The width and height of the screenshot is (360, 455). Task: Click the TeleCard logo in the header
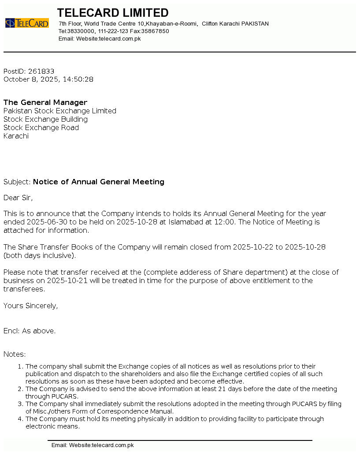pyautogui.click(x=27, y=23)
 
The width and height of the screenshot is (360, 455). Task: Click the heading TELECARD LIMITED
pyautogui.click(x=113, y=13)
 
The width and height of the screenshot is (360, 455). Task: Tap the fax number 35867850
pyautogui.click(x=155, y=31)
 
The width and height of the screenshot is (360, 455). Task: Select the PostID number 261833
pyautogui.click(x=41, y=71)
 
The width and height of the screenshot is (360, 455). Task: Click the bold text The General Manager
pyautogui.click(x=45, y=102)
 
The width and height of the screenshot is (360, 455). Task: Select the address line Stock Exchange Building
pyautogui.click(x=45, y=119)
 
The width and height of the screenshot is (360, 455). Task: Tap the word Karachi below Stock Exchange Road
pyautogui.click(x=16, y=136)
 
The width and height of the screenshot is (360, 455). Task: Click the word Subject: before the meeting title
pyautogui.click(x=17, y=182)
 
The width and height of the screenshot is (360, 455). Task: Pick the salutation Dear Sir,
pyautogui.click(x=18, y=198)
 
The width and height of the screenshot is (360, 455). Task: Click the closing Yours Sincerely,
pyautogui.click(x=30, y=306)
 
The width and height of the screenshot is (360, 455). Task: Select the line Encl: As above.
pyautogui.click(x=30, y=331)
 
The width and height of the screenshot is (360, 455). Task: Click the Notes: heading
pyautogui.click(x=15, y=354)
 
